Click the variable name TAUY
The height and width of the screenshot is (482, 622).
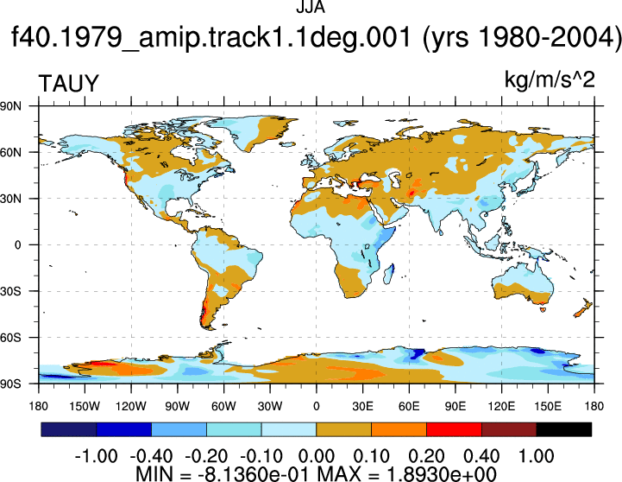tap(68, 84)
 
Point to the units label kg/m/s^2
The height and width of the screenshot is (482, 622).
tap(550, 79)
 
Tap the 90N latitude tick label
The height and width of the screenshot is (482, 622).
tap(10, 106)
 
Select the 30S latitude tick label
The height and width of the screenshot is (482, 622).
tap(10, 291)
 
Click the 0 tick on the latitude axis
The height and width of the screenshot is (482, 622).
tap(17, 245)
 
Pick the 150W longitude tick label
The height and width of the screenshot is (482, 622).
tap(85, 406)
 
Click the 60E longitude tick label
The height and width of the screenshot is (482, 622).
tap(409, 406)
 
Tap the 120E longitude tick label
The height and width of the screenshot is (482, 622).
tap(502, 406)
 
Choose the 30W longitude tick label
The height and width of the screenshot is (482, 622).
tap(270, 406)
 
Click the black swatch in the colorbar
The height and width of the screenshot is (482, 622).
tap(563, 429)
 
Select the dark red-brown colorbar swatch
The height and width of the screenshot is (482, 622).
tap(509, 429)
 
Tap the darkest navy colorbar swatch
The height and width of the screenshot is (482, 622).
tap(69, 429)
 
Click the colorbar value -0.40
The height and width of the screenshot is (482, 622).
tap(151, 456)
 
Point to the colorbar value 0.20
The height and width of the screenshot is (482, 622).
tap(426, 456)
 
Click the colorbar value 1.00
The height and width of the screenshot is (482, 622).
tap(537, 456)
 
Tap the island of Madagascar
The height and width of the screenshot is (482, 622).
tap(389, 274)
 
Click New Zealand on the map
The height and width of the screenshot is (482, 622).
tap(583, 308)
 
